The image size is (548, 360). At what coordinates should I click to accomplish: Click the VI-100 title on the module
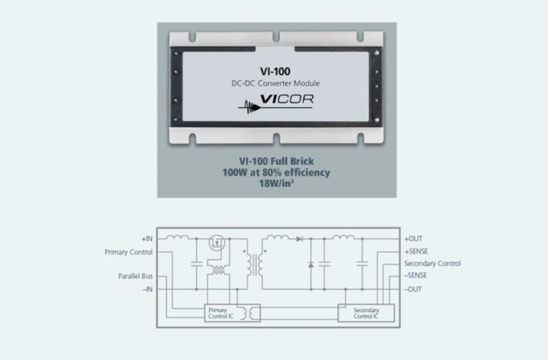pyautogui.click(x=275, y=71)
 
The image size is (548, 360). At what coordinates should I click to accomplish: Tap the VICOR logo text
pyautogui.click(x=287, y=99)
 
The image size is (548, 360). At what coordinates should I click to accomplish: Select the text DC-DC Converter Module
pyautogui.click(x=276, y=83)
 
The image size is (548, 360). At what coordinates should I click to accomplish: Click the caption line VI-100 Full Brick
pyautogui.click(x=277, y=161)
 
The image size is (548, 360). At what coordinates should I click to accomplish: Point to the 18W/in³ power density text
pyautogui.click(x=276, y=183)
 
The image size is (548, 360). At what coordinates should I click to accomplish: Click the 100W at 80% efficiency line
pyautogui.click(x=276, y=172)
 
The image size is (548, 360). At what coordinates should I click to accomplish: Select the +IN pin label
pyautogui.click(x=147, y=239)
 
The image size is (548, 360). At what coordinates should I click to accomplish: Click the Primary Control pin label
pyautogui.click(x=128, y=252)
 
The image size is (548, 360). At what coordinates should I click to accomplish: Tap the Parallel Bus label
pyautogui.click(x=135, y=276)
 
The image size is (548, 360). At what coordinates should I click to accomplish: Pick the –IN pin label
pyautogui.click(x=147, y=289)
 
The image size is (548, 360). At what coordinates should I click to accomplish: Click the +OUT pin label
pyautogui.click(x=413, y=239)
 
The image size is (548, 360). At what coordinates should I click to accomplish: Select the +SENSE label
pyautogui.click(x=416, y=251)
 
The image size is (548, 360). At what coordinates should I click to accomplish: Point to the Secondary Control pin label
pyautogui.click(x=432, y=263)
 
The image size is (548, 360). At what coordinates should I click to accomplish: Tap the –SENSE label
pyautogui.click(x=415, y=275)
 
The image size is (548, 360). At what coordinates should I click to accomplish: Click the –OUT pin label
pyautogui.click(x=413, y=289)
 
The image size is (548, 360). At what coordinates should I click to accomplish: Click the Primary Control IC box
pyautogui.click(x=232, y=313)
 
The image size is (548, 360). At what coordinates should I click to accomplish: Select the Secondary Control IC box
pyautogui.click(x=366, y=313)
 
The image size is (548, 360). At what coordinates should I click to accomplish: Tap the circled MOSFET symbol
pyautogui.click(x=216, y=242)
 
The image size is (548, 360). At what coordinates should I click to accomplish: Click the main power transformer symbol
pyautogui.click(x=255, y=265)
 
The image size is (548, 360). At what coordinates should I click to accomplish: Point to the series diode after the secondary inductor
pyautogui.click(x=300, y=239)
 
